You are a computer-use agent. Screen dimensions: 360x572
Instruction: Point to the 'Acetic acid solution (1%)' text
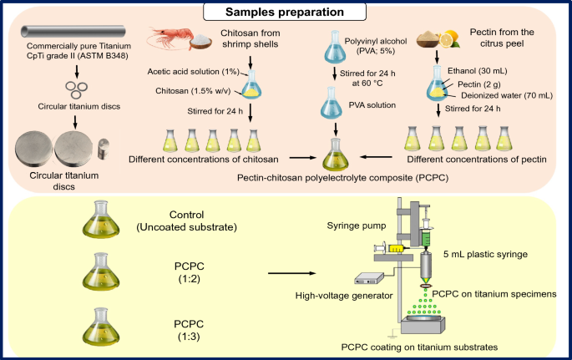coord(189,70)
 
